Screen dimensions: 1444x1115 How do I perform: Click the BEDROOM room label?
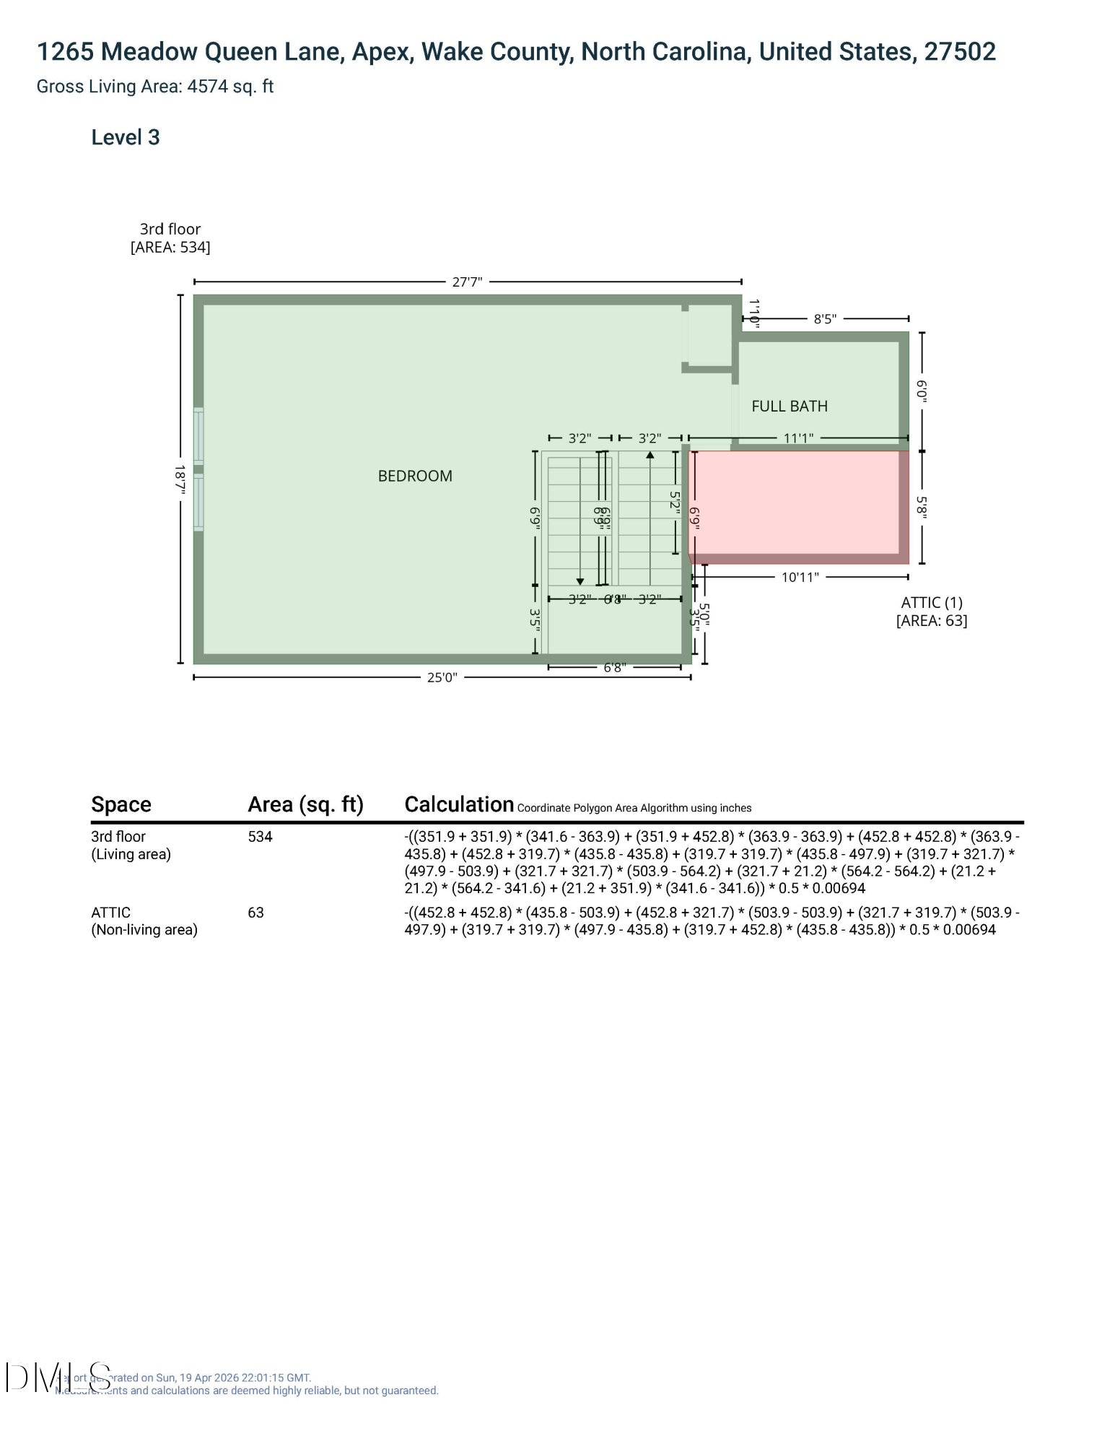(415, 476)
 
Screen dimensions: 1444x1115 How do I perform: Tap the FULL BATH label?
(790, 406)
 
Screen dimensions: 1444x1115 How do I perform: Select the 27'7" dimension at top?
(467, 282)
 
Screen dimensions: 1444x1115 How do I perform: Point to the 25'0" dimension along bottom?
(442, 677)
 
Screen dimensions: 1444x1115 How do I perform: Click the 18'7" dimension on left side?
(180, 478)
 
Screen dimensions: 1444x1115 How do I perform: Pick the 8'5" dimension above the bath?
(825, 319)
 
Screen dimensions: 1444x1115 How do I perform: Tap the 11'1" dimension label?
(798, 438)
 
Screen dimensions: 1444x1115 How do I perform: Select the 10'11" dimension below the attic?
(800, 578)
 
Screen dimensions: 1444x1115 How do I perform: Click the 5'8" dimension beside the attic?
(922, 507)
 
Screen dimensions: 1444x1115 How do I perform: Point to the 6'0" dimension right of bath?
(922, 391)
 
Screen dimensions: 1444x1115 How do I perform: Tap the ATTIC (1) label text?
(932, 603)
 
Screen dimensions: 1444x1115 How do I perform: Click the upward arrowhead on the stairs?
(650, 456)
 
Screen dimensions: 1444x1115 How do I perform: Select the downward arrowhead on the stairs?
(580, 581)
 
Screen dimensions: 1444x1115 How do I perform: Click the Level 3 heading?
(125, 137)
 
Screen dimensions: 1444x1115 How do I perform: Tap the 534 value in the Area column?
(260, 837)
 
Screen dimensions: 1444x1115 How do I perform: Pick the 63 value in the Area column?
(255, 913)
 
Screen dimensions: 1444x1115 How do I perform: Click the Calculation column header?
(459, 804)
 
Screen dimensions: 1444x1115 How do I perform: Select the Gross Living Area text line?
(155, 87)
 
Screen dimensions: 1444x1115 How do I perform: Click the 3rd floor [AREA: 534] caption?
(170, 238)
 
